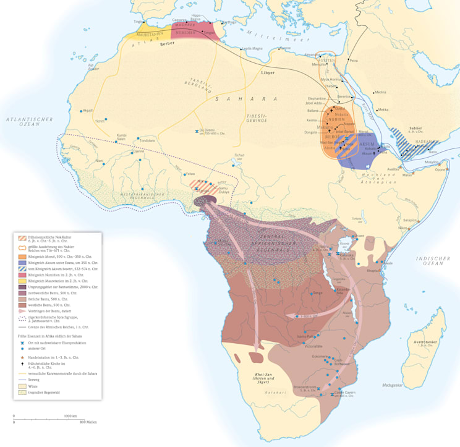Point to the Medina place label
click(x=380, y=92)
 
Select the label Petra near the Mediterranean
click(x=353, y=61)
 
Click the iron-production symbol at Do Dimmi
click(x=196, y=130)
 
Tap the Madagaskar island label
click(x=391, y=385)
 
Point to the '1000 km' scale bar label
click(x=70, y=416)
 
